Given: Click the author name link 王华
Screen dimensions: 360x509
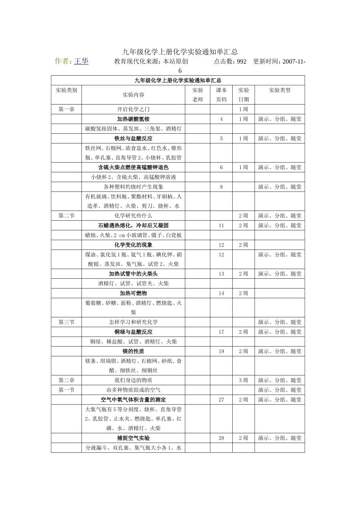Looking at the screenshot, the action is pos(81,61).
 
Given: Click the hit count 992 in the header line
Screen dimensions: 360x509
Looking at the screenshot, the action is pos(241,62).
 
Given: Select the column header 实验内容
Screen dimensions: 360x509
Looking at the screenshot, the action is pos(133,95).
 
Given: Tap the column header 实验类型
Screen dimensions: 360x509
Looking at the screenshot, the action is pos(280,90).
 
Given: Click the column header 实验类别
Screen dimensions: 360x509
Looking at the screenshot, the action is pos(66,90).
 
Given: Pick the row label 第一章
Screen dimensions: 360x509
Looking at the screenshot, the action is pos(66,109).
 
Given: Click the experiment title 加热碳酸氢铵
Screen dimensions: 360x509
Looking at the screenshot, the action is pos(133,119).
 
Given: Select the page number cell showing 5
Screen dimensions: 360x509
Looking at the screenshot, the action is pos(221,139).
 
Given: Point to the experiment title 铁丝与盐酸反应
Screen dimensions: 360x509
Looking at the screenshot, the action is pos(133,139).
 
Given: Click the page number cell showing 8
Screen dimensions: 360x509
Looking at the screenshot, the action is pos(221,187).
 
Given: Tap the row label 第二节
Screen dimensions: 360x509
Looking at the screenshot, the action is pos(66,216).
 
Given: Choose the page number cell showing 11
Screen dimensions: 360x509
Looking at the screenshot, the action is pos(221,226).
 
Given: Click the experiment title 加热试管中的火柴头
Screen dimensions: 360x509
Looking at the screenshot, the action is pos(133,274).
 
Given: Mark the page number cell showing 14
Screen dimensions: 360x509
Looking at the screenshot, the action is pos(221,293).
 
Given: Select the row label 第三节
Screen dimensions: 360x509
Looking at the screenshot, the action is pos(66,322).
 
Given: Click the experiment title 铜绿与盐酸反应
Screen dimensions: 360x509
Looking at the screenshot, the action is pos(133,332).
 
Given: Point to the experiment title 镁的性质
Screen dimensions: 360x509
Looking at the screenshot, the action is pos(133,351).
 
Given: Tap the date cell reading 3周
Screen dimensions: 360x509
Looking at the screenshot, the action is pos(243,380).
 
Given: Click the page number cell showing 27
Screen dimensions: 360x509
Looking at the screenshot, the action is pos(221,400).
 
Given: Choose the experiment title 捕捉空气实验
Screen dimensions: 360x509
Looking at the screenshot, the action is pos(133,438).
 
